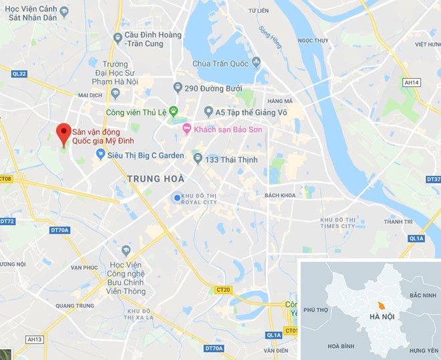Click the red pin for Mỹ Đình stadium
pos(63,132)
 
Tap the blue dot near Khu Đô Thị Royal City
pos(176,198)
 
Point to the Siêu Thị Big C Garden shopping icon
pos(101,155)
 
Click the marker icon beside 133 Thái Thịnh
pos(198,159)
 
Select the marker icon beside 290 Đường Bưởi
pos(177,87)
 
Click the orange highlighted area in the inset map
pos(380,305)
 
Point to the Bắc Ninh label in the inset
pos(422,295)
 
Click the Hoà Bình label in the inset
pos(341,347)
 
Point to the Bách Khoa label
pos(279,195)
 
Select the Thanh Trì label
pos(398,221)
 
